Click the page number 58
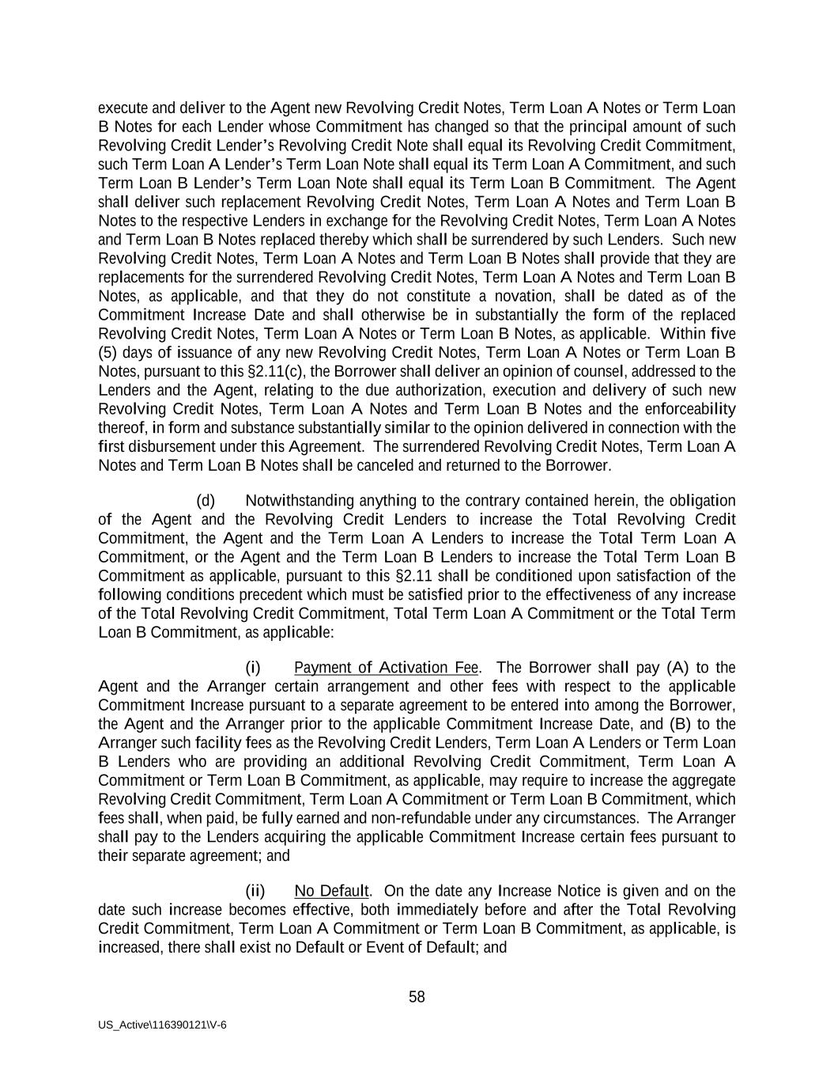click(417, 997)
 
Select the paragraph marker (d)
click(206, 501)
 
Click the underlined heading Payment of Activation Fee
click(386, 668)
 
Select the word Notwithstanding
click(300, 501)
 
